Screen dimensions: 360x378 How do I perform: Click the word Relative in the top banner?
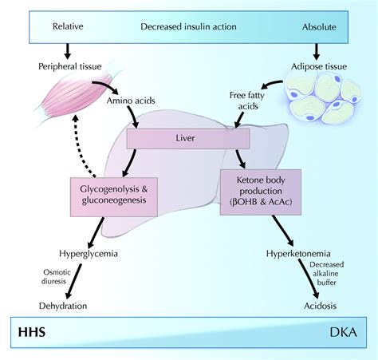(x=69, y=25)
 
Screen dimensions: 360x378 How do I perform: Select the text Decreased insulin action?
(x=188, y=25)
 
